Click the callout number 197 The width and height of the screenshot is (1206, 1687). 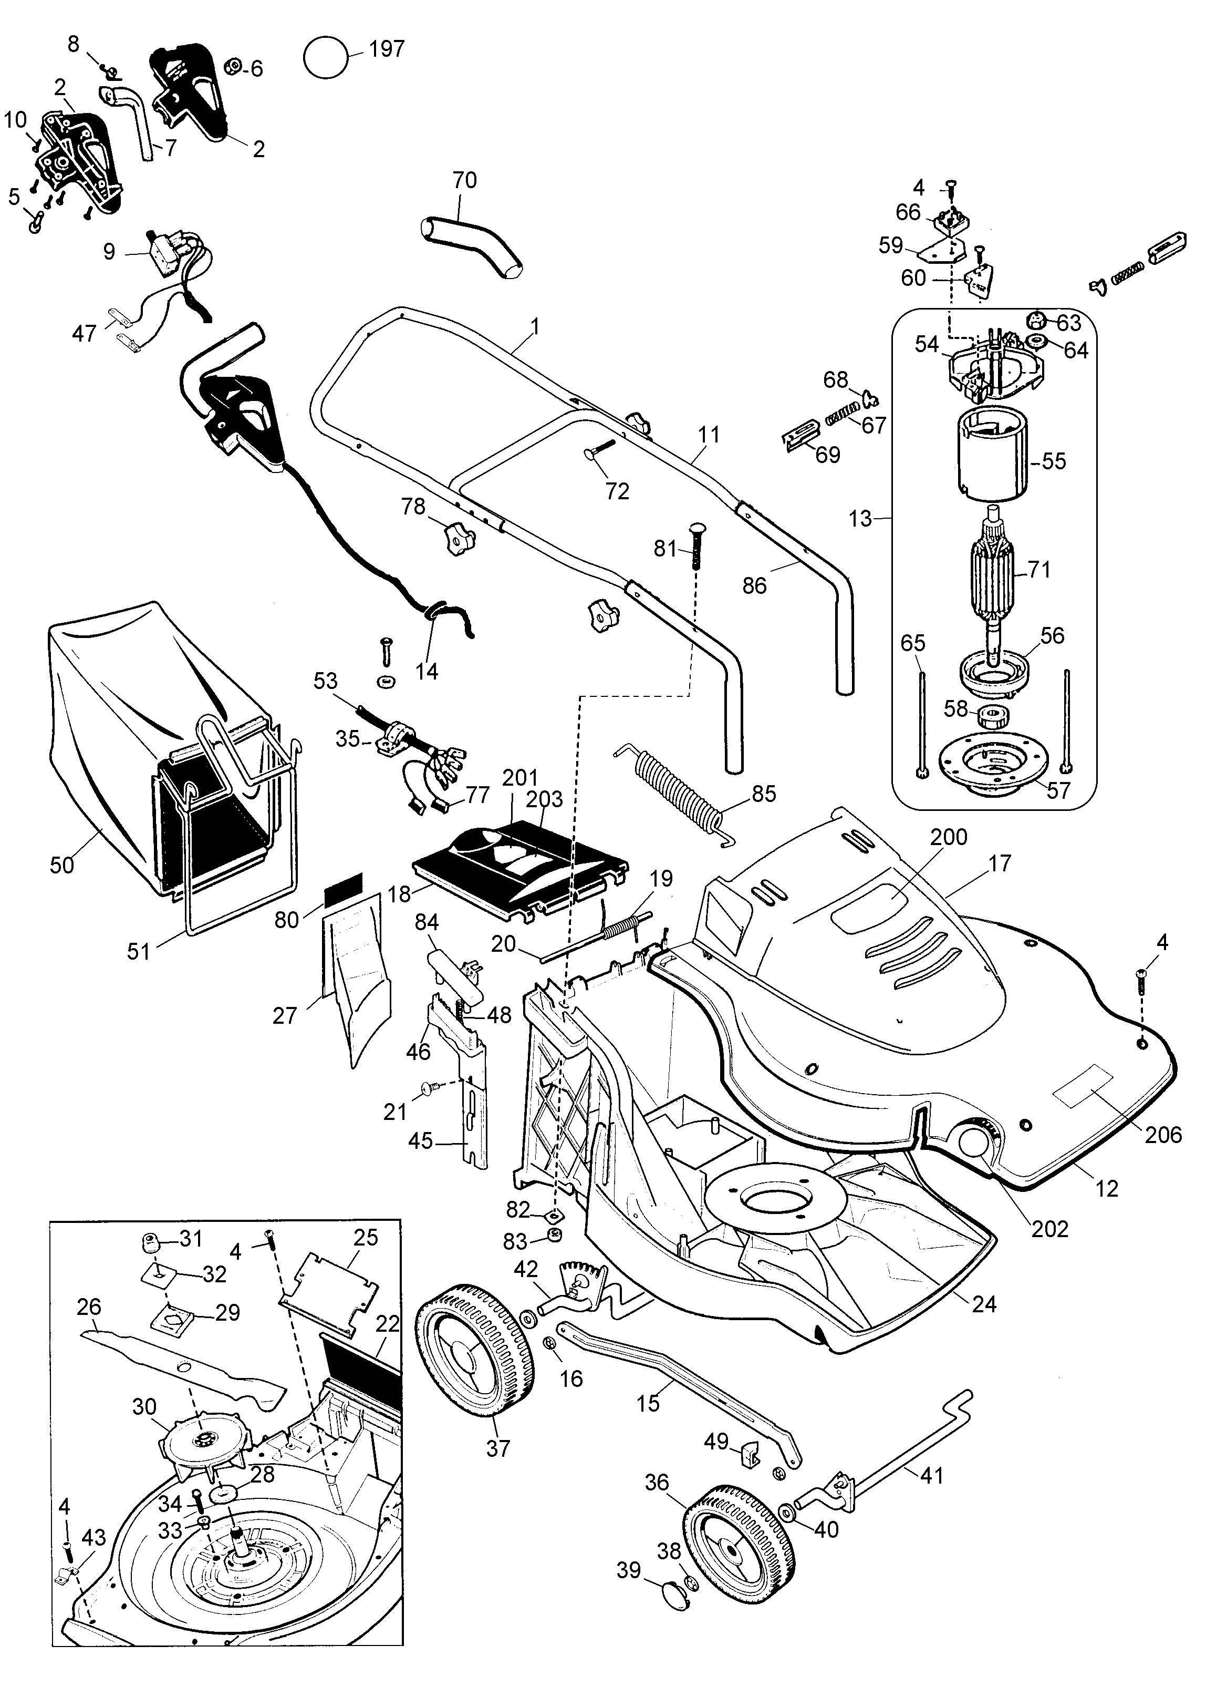point(387,49)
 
